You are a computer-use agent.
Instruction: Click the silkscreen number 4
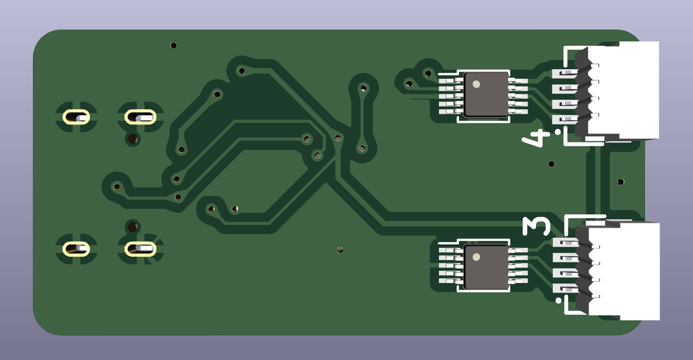[536, 138]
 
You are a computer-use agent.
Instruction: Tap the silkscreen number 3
[537, 226]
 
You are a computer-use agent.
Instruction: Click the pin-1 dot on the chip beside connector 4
[476, 84]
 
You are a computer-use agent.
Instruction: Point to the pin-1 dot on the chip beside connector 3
[476, 257]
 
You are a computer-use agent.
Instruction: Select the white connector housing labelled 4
[622, 91]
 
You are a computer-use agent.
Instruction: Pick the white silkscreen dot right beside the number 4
[558, 132]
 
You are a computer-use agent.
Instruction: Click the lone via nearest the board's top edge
[174, 46]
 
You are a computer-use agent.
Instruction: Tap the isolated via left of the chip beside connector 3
[340, 250]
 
